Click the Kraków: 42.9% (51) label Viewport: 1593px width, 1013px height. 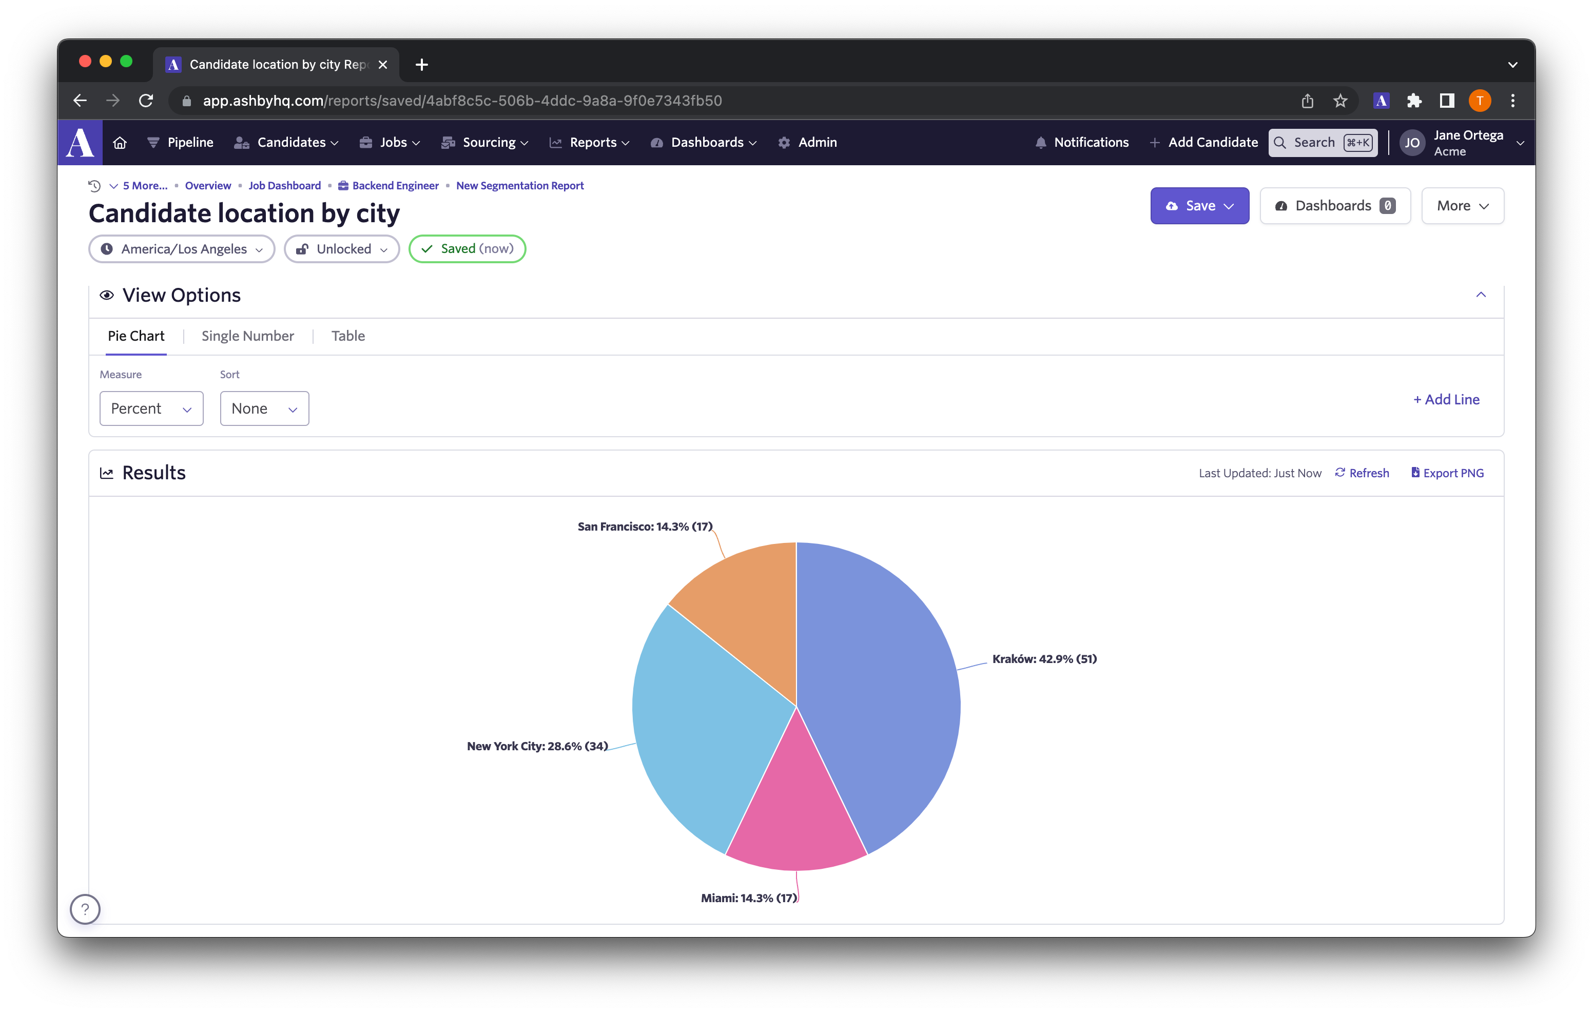[1044, 659]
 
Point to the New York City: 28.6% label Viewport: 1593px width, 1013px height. [537, 746]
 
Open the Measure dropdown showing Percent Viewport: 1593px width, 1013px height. [151, 409]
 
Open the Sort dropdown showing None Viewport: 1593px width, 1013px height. [264, 409]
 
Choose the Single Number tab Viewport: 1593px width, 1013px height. [247, 336]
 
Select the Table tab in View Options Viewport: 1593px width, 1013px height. [348, 336]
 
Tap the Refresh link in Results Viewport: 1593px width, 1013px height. [1362, 473]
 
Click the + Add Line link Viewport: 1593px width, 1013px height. [1446, 400]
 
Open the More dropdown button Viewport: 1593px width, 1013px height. [1462, 206]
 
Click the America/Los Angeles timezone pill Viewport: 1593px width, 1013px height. [182, 249]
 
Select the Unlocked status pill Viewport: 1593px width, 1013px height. [341, 249]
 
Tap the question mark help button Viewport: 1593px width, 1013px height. [85, 909]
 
